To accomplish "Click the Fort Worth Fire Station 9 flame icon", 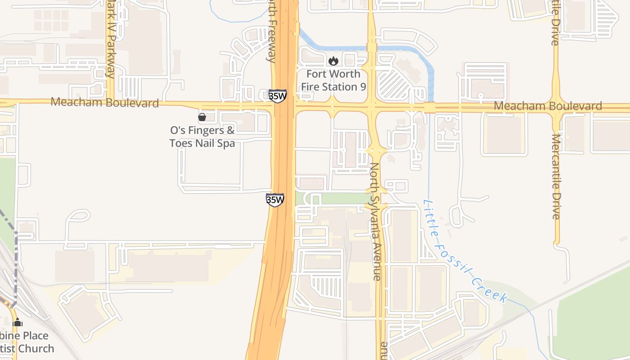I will (x=333, y=60).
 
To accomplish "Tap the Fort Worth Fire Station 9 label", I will (x=333, y=80).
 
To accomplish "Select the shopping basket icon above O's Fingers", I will (x=202, y=117).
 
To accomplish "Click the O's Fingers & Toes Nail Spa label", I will (x=202, y=137).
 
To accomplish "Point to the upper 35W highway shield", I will (x=277, y=96).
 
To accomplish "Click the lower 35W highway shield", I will (x=275, y=199).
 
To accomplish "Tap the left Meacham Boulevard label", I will (x=105, y=103).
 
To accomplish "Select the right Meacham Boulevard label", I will (x=548, y=106).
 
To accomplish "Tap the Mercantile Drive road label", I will (x=556, y=176).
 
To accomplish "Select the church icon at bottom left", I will (x=18, y=322).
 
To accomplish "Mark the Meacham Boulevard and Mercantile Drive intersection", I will (x=557, y=108).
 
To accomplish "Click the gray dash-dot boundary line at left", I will (x=16, y=261).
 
